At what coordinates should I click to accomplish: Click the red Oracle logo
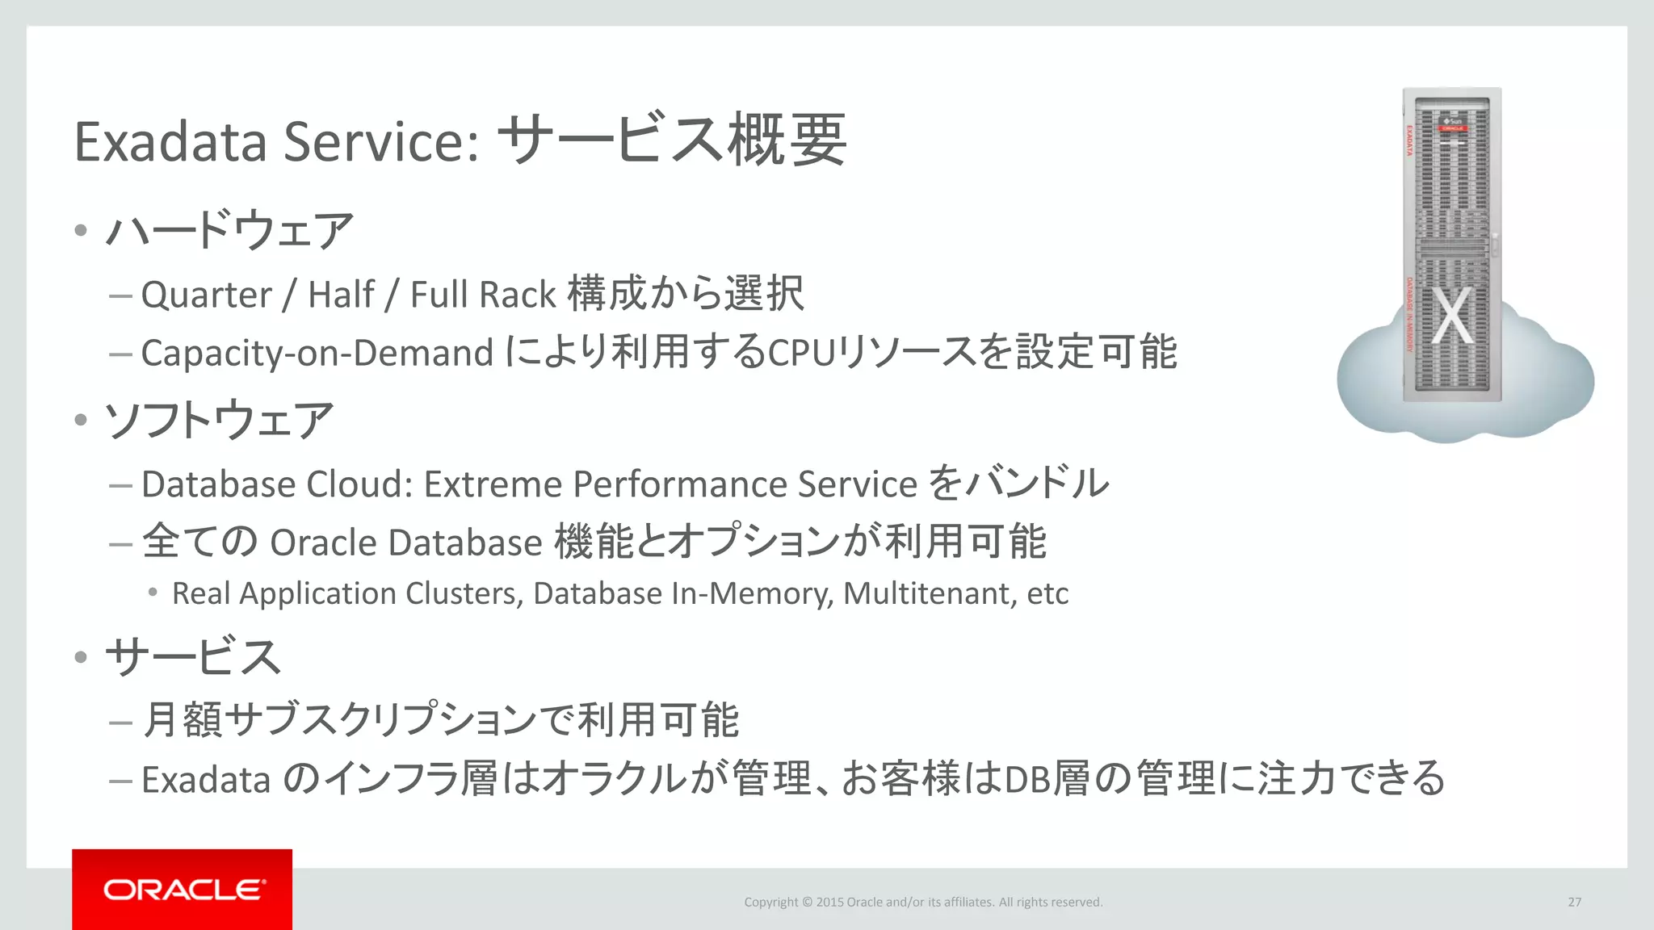coord(183,889)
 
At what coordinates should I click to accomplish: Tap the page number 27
coord(1574,902)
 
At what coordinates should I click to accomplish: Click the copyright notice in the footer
coord(923,902)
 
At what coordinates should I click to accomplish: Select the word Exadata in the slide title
coord(170,142)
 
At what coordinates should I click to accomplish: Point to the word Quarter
coord(206,295)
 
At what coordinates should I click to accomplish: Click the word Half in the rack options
coord(341,295)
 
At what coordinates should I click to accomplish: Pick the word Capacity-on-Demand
coord(317,354)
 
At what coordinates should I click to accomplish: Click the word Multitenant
coord(929,593)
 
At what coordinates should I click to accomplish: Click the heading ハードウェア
coord(229,231)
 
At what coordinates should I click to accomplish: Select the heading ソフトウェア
coord(220,421)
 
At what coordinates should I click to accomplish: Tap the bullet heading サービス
coord(194,656)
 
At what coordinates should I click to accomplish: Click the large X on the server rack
coord(1452,316)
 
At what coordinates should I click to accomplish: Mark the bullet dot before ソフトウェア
coord(80,421)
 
